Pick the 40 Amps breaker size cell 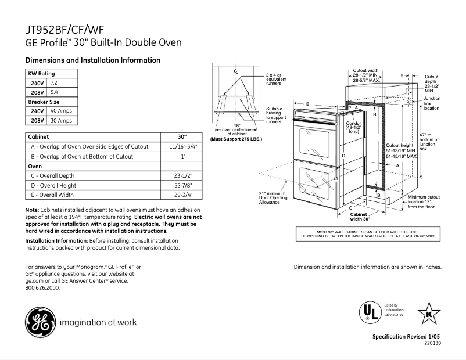coord(61,111)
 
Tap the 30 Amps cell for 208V coord(61,120)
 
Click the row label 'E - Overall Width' coord(53,195)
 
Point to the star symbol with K coord(428,314)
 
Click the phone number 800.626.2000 coord(42,288)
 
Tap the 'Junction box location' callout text coord(432,103)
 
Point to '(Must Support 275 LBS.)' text coord(236,139)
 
